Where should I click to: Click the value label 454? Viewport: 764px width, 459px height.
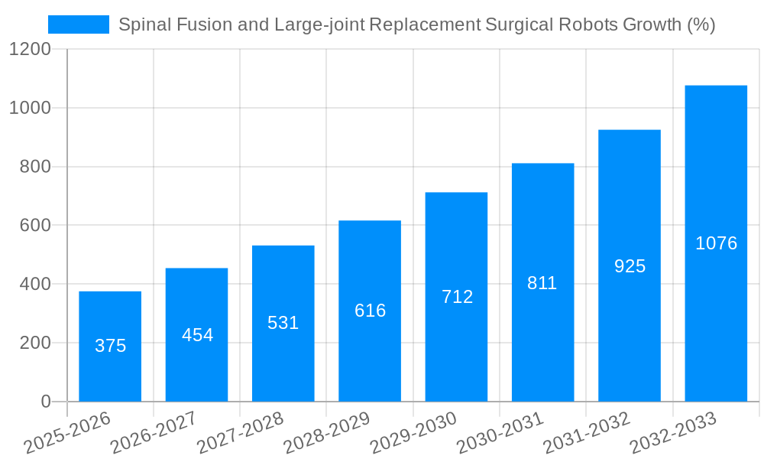[x=197, y=335]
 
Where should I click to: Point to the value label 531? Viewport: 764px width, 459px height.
[x=283, y=323]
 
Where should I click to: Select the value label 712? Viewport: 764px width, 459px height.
[x=457, y=297]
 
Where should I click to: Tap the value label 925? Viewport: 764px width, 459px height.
[x=630, y=266]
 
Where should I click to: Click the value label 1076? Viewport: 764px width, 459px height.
[x=716, y=243]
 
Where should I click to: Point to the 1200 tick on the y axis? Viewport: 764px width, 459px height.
[x=31, y=50]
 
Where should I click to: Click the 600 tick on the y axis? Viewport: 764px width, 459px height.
[x=35, y=226]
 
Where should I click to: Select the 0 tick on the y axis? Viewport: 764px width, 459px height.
[x=46, y=402]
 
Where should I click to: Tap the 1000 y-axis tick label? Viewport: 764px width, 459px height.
[x=31, y=109]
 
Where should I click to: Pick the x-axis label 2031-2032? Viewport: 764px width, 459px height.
[x=588, y=433]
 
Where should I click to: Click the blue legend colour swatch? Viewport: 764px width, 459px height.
[x=79, y=24]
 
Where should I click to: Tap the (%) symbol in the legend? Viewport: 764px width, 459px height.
[x=701, y=24]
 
